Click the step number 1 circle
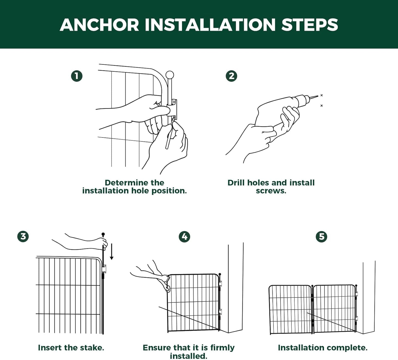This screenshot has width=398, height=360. pos(77,76)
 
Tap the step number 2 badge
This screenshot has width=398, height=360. pos(231,76)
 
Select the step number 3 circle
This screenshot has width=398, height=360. pos(23,236)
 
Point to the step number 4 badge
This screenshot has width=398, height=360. pos(184,237)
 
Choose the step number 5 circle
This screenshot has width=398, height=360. pos(321,237)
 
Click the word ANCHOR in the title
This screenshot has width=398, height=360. pos(99,25)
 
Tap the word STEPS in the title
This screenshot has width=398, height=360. pos(310,25)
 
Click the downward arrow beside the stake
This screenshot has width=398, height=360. pos(112,252)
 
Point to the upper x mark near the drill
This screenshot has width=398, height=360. pos(322,95)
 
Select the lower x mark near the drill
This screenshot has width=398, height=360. pos(322,105)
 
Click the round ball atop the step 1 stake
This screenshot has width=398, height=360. pos(170,75)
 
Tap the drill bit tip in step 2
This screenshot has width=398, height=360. pos(318,96)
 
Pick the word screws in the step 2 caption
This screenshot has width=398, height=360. pos(271,191)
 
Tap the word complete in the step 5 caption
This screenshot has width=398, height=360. pos(347,348)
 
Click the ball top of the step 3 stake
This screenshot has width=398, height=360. pos(103,234)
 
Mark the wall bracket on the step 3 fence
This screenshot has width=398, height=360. pos(104,269)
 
